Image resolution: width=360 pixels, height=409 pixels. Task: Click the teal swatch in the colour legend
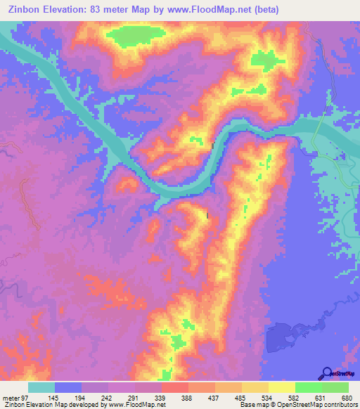click(x=41, y=387)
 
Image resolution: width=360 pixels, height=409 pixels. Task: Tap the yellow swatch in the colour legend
click(x=282, y=387)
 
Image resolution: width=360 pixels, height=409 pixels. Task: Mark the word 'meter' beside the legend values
click(x=10, y=398)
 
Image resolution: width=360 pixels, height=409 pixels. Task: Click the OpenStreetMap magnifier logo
click(x=326, y=372)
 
